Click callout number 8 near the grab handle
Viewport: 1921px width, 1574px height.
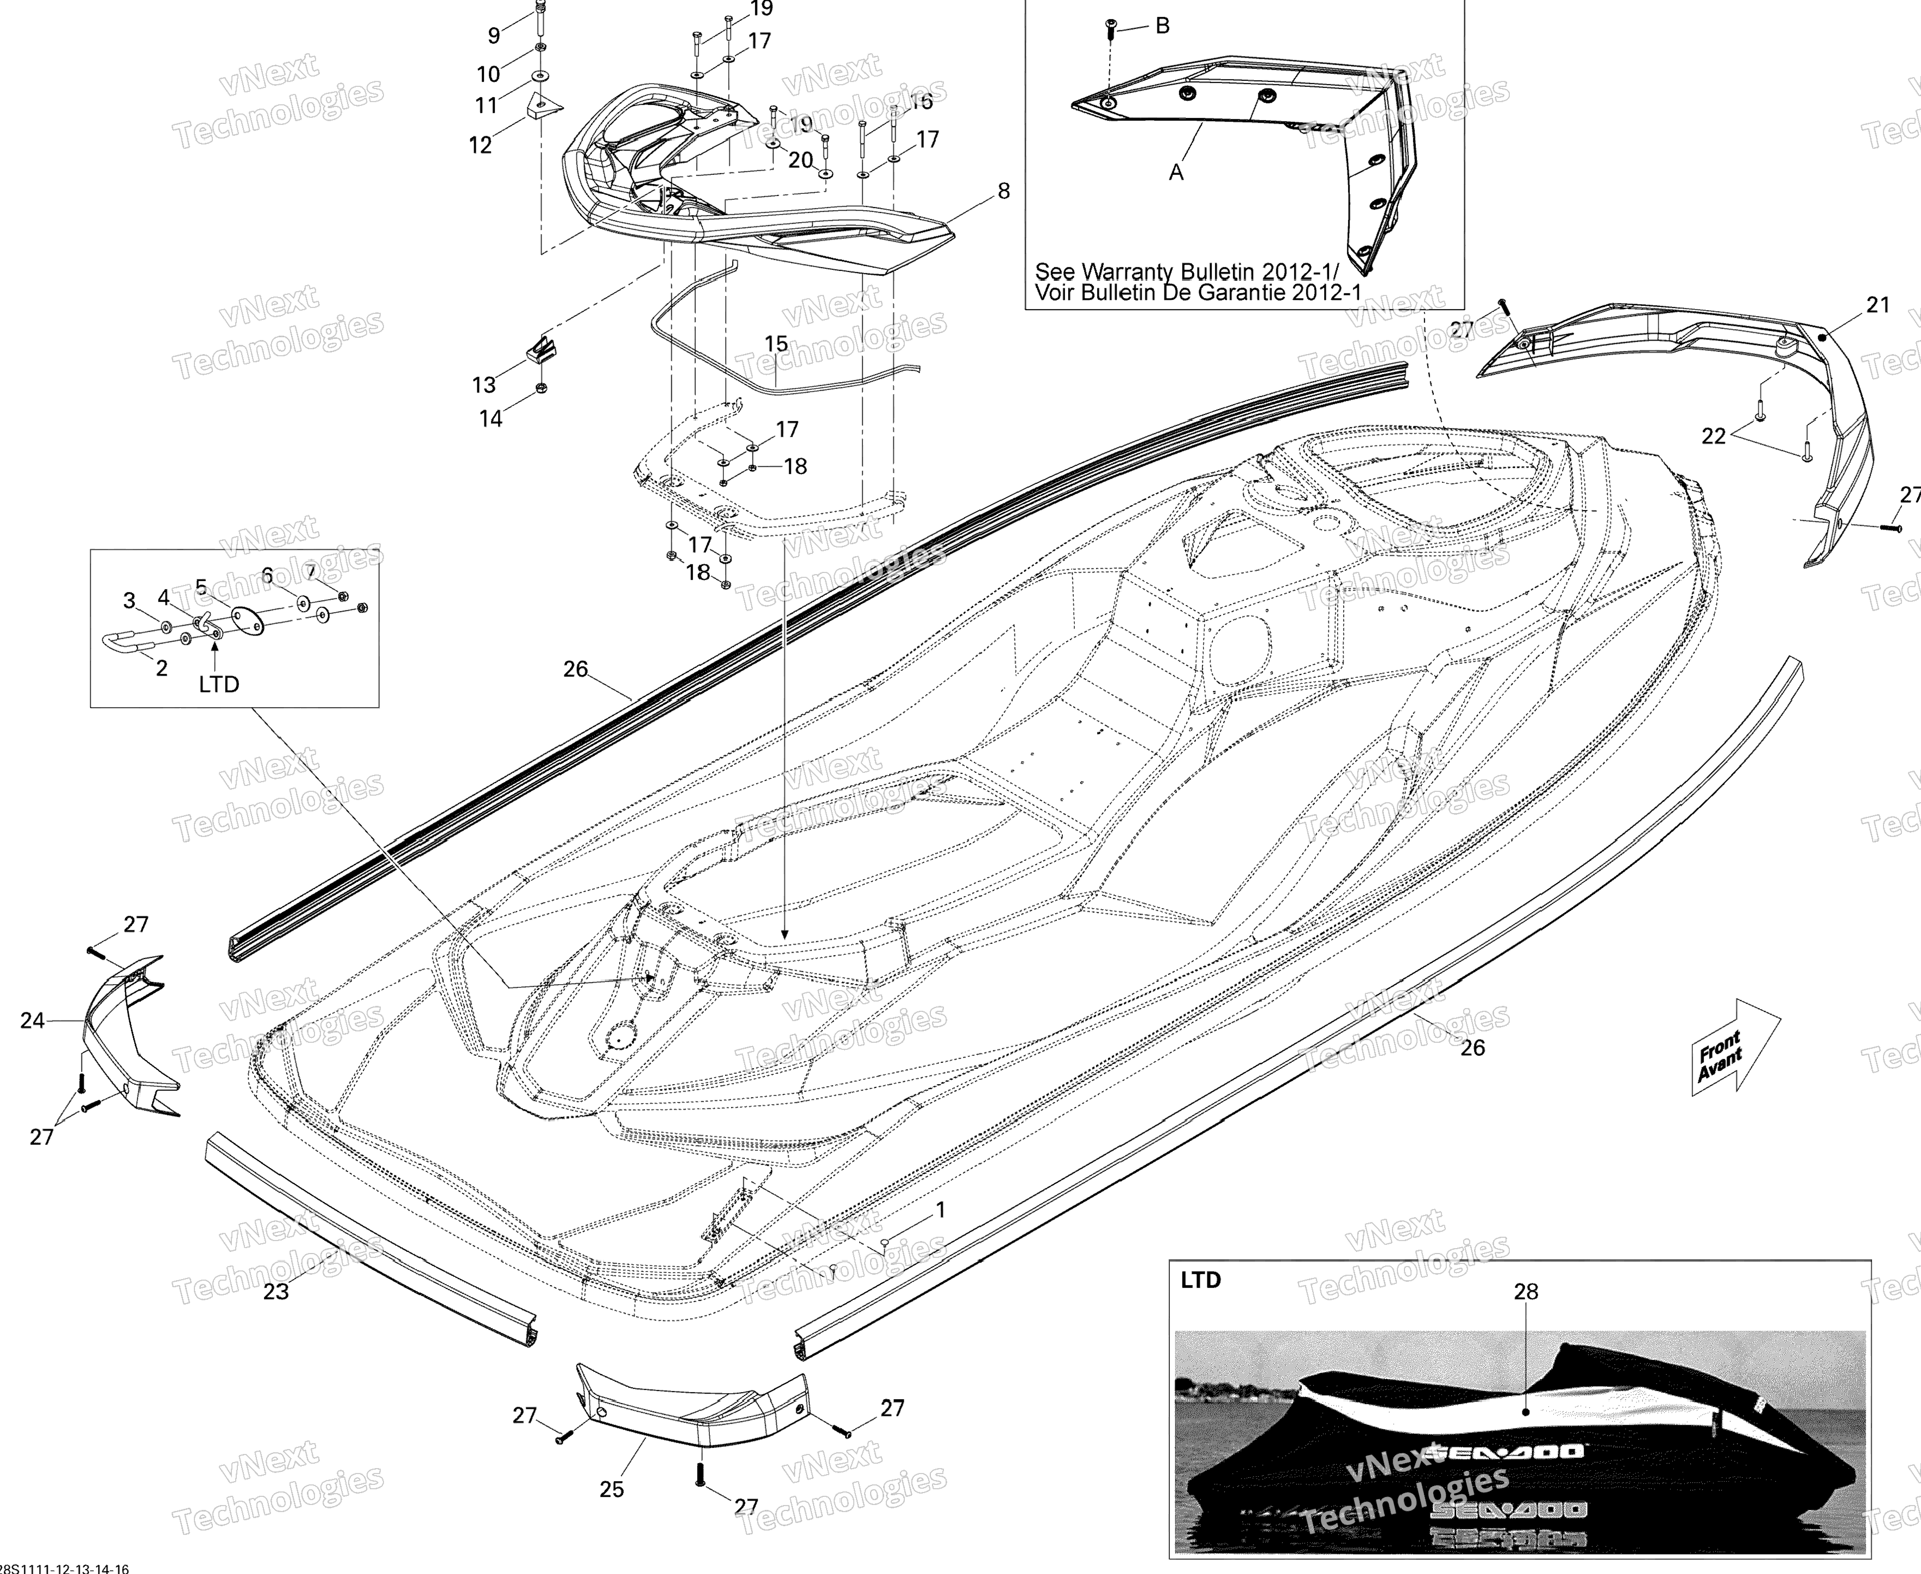point(1004,191)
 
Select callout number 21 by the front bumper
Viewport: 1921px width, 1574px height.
point(1878,306)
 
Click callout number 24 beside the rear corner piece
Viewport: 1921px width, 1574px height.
point(33,1021)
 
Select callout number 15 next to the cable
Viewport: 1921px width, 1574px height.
point(776,344)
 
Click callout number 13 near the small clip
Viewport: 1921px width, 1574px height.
point(484,385)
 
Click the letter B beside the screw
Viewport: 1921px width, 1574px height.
point(1162,26)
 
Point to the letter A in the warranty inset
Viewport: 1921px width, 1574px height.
point(1176,172)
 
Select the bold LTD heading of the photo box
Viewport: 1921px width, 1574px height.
point(1200,1280)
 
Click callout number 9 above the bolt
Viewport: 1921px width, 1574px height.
point(494,35)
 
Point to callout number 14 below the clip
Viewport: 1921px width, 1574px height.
point(490,419)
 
